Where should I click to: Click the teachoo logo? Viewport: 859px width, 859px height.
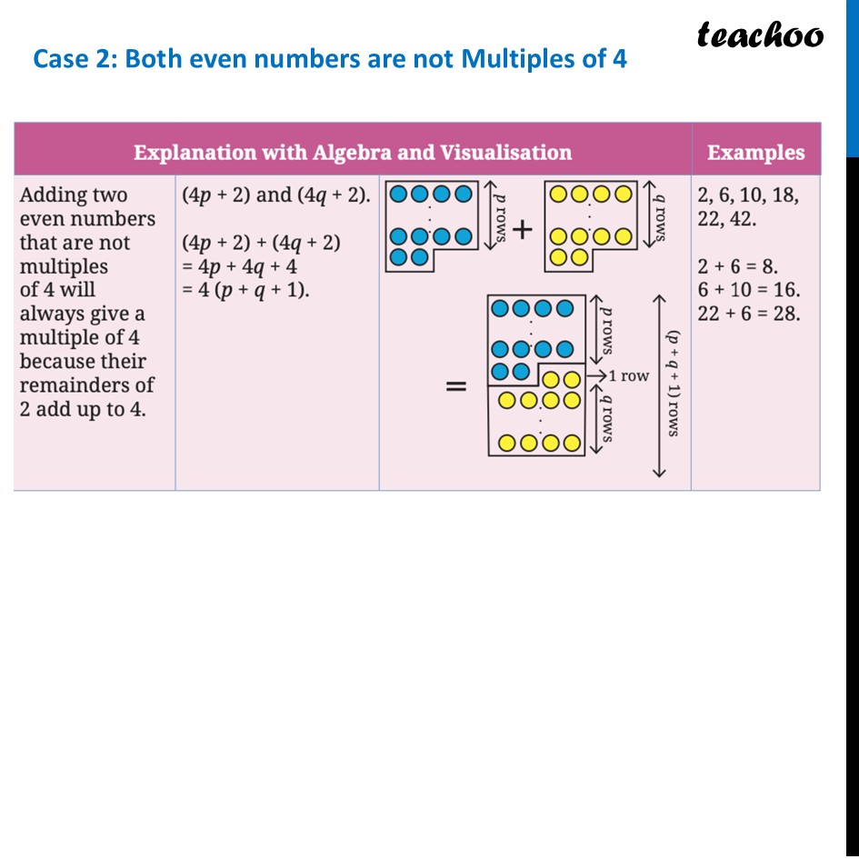tap(760, 35)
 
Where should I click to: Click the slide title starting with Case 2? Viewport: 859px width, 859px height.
tap(330, 60)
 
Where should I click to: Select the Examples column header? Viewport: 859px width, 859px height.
tap(755, 153)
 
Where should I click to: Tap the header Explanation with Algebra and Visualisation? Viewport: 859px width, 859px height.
tap(353, 153)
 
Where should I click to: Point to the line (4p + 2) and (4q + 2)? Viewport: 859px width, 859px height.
tap(276, 195)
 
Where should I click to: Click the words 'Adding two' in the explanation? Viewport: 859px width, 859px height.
tap(74, 195)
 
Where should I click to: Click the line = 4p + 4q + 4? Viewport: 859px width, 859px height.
tap(239, 266)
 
